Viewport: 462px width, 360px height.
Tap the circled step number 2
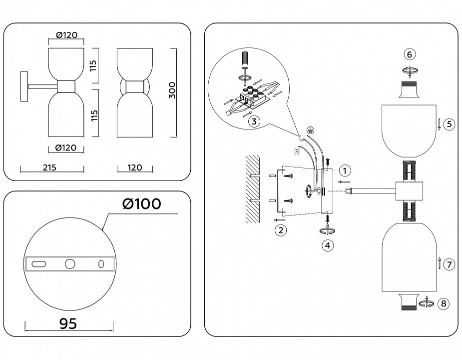point(281,230)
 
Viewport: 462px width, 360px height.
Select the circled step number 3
point(254,121)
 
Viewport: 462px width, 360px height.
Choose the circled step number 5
point(449,123)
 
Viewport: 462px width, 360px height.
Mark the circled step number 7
point(449,264)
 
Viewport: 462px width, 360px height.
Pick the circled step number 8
point(443,303)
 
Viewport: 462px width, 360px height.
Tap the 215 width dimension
point(49,167)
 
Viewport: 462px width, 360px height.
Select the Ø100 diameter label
point(142,204)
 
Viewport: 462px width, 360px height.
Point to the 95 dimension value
point(68,323)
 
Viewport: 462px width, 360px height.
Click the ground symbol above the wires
point(310,130)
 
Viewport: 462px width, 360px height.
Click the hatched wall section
point(253,188)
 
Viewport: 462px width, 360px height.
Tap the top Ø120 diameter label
point(66,35)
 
